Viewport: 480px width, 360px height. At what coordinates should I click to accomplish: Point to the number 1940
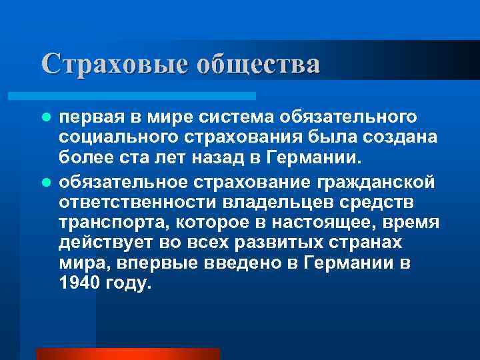[79, 283]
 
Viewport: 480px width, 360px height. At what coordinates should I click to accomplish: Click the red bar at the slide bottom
[127, 354]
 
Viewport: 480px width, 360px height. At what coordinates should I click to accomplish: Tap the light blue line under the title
[146, 96]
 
